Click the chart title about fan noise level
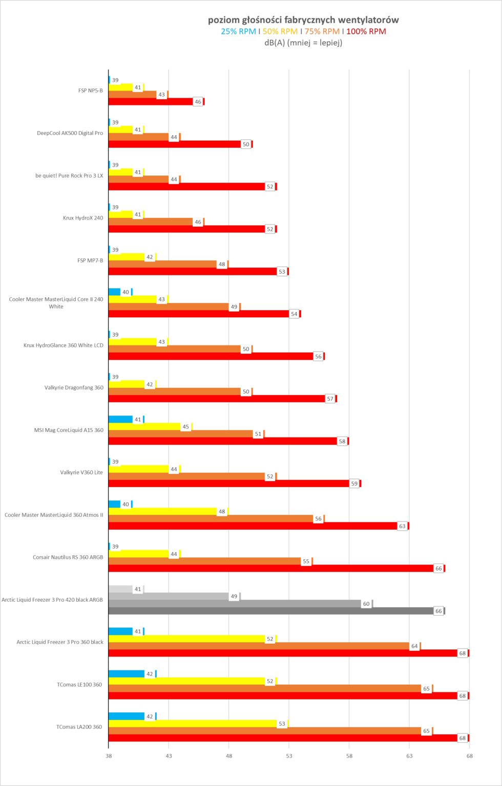coord(303,20)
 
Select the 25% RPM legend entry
coord(238,31)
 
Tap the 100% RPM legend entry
coord(366,31)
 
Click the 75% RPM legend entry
coord(322,31)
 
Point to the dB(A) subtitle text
coord(303,42)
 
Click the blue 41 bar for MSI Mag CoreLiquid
coord(120,420)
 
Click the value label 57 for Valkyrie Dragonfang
coord(330,399)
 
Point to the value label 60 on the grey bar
coord(366,604)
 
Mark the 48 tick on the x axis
coord(229,755)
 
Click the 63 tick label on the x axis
coord(409,755)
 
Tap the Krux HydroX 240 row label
coord(83,218)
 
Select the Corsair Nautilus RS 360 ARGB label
coord(68,557)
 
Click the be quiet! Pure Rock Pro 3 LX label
coord(69,176)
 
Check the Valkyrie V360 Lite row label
coord(81,472)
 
